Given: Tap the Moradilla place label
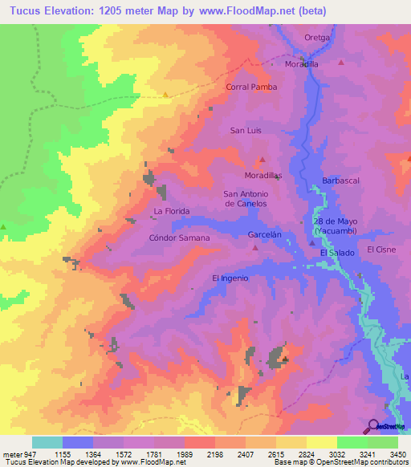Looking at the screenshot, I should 301,64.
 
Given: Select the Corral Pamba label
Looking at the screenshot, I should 251,87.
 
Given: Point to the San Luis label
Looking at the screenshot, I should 246,130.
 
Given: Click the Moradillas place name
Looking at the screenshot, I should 262,175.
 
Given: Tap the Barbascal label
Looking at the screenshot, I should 339,181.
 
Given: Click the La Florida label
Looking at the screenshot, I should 170,213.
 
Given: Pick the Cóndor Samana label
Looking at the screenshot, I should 180,238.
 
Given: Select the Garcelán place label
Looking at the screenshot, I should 265,235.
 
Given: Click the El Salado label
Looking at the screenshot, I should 336,254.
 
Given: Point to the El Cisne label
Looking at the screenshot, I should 381,250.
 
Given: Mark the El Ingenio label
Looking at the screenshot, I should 230,278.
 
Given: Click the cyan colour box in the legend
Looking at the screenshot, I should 47,442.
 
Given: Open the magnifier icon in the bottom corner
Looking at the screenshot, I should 372,427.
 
